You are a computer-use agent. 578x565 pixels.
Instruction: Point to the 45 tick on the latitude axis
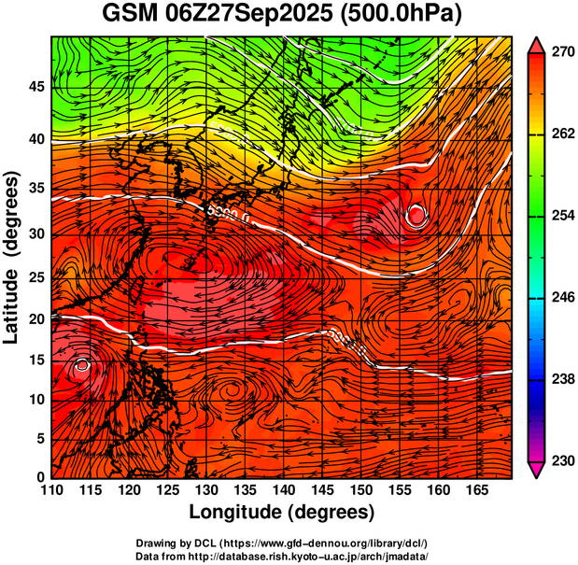coord(36,87)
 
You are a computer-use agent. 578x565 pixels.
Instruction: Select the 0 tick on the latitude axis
coord(41,477)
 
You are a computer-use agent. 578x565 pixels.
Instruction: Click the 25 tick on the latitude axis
coord(36,277)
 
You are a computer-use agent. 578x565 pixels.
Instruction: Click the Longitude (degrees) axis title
coord(282,513)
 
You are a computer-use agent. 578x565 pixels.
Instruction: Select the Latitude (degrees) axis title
coord(13,258)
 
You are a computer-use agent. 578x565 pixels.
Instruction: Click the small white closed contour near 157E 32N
coord(416,216)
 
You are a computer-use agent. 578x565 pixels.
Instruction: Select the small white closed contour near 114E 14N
coord(82,364)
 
